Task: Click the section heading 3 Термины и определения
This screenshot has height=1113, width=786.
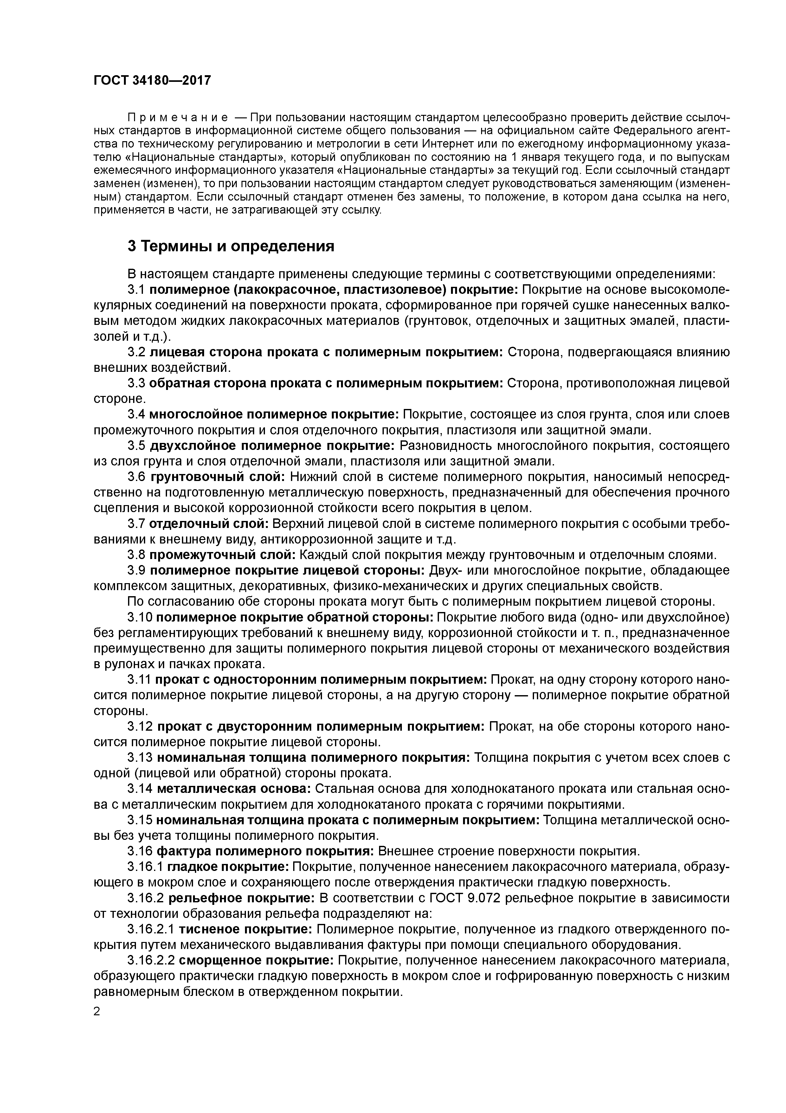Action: [x=231, y=246]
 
